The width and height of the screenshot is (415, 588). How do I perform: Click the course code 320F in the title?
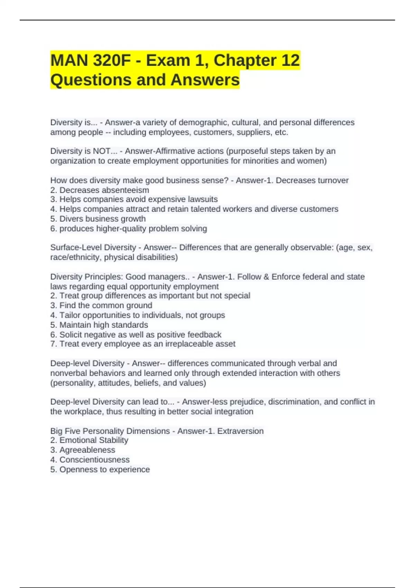[112, 61]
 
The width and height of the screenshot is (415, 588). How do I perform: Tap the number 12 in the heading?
[290, 61]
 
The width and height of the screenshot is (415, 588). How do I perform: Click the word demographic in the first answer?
[204, 122]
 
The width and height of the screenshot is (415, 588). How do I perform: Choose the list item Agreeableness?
[87, 450]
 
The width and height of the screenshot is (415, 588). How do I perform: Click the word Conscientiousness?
[94, 460]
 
